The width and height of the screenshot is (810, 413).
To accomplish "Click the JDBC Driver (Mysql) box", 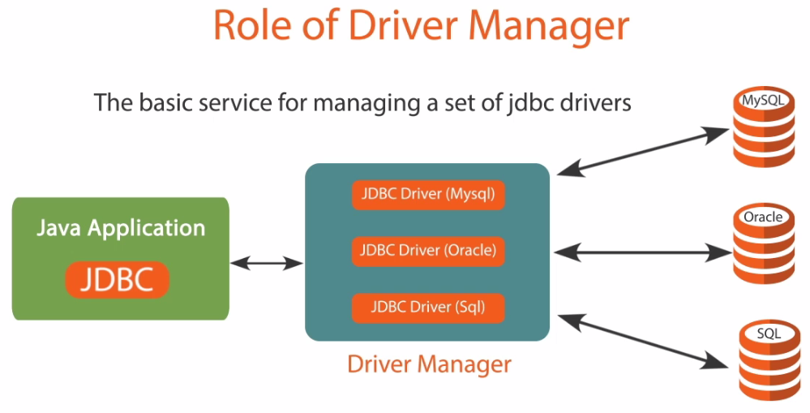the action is [x=428, y=195].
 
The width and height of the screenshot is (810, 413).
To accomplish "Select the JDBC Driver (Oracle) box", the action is [x=428, y=252].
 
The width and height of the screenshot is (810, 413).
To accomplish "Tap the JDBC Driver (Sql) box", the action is [x=428, y=308].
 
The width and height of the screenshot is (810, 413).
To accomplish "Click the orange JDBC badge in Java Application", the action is [x=118, y=280].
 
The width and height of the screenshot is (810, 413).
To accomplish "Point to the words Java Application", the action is [x=121, y=228].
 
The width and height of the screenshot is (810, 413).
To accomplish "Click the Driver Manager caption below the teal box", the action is [x=429, y=364].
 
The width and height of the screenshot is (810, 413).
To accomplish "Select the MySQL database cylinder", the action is [x=764, y=127].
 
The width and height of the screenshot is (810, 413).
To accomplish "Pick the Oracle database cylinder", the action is [x=764, y=243].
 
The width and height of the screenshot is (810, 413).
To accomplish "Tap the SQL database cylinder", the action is [x=769, y=360].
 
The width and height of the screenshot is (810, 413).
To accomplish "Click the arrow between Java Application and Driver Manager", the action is [x=267, y=264].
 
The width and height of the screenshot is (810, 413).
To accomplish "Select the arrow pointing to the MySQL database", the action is [x=643, y=151].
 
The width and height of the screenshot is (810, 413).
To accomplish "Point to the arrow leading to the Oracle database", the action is [x=643, y=253].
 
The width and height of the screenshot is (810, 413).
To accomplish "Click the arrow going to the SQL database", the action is [x=643, y=342].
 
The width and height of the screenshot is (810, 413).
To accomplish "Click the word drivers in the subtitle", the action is [x=594, y=102].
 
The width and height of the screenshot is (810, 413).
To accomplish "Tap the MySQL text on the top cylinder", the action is [x=763, y=100].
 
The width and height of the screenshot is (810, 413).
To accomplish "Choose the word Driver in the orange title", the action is [x=406, y=25].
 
